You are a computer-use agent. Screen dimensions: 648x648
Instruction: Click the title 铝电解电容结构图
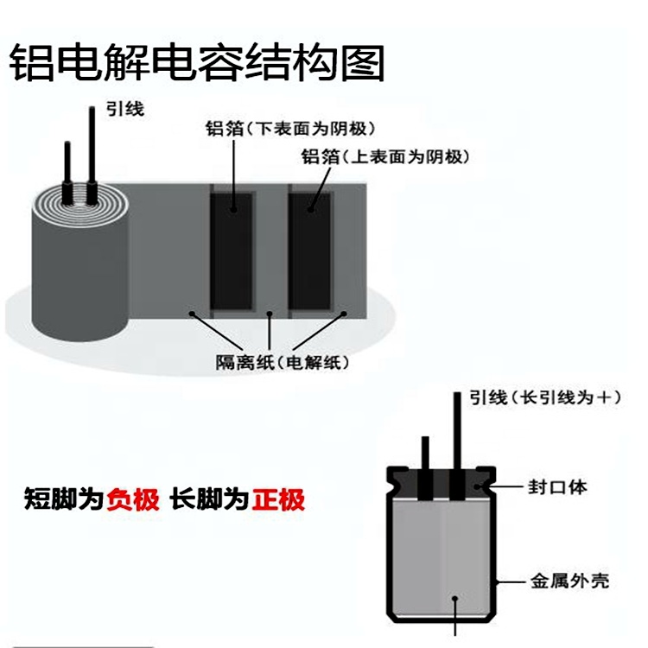click(197, 63)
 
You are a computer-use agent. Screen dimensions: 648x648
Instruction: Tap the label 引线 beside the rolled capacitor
click(125, 109)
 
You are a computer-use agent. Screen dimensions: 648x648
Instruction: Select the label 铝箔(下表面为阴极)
click(290, 129)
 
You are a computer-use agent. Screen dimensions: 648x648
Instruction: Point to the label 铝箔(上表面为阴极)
click(385, 156)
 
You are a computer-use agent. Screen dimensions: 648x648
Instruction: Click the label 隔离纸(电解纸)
click(283, 362)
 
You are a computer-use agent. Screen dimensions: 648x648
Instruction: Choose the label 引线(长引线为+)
click(545, 397)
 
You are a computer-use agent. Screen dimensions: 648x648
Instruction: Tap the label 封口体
click(557, 486)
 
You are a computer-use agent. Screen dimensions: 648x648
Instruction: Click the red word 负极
click(133, 499)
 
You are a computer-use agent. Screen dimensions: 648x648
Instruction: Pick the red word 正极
click(279, 499)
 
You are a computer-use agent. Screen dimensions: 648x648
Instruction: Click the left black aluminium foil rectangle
click(232, 251)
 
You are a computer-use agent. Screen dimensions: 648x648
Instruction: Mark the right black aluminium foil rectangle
click(310, 251)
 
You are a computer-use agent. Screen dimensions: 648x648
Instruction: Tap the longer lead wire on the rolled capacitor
click(92, 155)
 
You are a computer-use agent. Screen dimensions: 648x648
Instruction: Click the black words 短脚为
click(64, 499)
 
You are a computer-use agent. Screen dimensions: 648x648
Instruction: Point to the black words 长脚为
click(209, 499)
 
